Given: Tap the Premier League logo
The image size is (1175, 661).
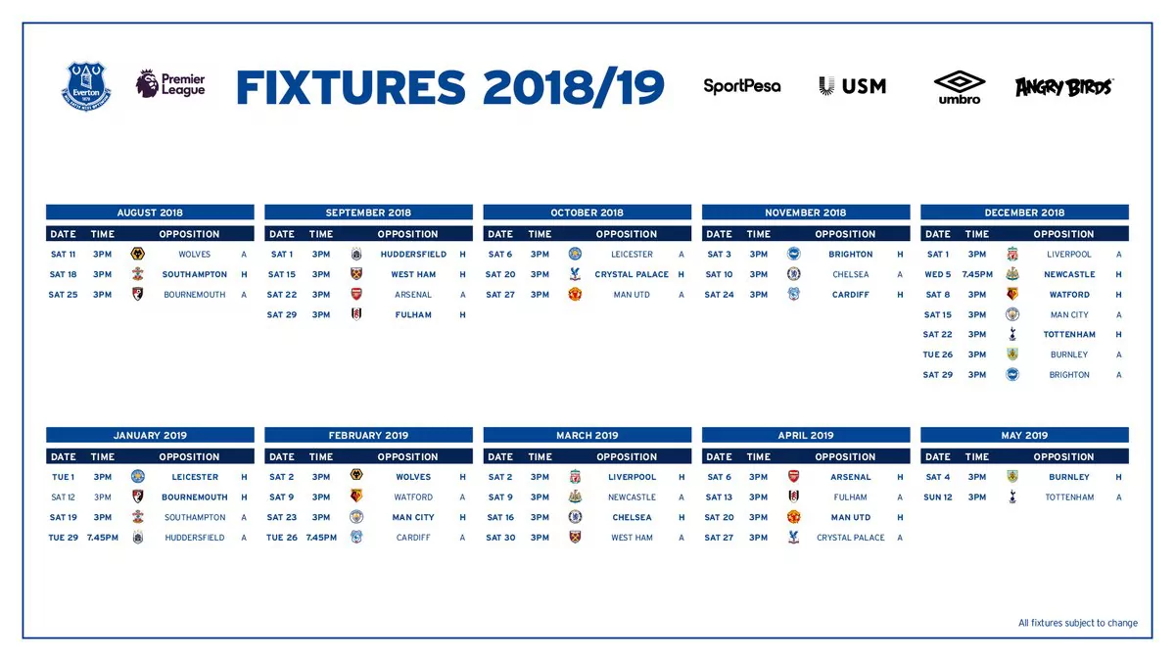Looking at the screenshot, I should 170,84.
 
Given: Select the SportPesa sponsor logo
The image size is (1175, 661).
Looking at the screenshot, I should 742,86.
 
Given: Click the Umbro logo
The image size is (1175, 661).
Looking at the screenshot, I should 959,86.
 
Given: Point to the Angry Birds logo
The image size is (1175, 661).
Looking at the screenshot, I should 1063,86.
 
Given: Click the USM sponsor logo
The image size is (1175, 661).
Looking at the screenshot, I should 852,86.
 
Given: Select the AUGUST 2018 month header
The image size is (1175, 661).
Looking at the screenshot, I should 150,212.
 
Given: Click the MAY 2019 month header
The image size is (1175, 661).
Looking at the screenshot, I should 1024,436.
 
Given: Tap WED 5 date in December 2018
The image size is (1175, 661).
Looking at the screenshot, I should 937,275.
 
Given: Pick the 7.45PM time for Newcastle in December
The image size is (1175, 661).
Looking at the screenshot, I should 977,275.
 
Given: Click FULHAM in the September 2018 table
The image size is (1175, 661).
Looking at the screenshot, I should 413,315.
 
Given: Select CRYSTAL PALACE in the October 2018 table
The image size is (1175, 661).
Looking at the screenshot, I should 632,275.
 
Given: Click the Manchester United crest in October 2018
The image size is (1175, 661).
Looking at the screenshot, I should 575,295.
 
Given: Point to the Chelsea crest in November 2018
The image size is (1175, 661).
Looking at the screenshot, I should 793,275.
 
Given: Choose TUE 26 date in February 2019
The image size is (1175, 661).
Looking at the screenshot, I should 281,538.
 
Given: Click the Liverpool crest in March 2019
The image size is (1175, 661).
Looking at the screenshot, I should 575,477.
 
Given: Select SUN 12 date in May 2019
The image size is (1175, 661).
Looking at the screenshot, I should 937,497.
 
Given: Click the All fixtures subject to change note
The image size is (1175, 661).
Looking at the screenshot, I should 1077,623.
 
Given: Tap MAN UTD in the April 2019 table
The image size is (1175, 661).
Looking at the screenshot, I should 850,517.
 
